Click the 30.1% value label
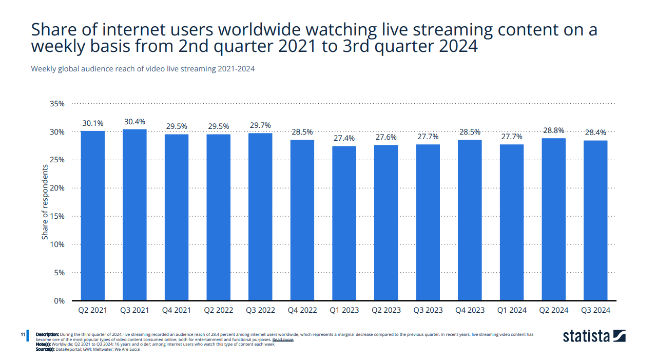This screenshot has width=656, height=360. pos(93,123)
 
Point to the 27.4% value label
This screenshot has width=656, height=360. pos(344,138)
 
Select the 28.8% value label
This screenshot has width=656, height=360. pos(553,130)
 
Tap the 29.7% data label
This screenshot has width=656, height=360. pos(260,125)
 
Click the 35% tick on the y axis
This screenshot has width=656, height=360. pos(57,104)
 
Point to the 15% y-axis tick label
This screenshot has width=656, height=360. pos(57,216)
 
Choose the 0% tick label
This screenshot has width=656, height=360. pos(59,301)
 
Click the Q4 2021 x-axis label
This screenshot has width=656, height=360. pos(177,310)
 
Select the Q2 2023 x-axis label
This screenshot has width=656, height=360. pos(386,310)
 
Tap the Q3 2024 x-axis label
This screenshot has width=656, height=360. pos(595,310)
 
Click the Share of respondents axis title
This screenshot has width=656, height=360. pos(45,202)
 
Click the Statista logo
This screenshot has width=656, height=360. pos(594,336)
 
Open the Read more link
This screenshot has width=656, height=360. pos(283,339)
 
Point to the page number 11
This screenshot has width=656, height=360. pos(23,335)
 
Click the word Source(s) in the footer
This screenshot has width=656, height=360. pos(45,349)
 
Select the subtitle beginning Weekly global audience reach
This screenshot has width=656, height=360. pos(143,69)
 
